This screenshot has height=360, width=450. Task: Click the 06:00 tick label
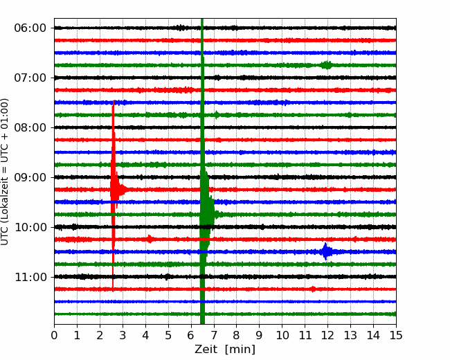click(x=30, y=28)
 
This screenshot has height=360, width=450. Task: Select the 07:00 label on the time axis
click(x=30, y=78)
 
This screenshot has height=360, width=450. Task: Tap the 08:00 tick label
click(x=30, y=127)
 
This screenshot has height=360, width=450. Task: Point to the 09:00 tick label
click(x=30, y=177)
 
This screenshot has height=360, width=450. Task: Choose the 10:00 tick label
click(x=30, y=227)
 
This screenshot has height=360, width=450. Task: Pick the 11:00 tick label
click(x=30, y=277)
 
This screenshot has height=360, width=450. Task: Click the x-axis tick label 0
click(x=54, y=335)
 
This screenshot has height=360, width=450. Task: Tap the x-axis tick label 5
click(x=168, y=335)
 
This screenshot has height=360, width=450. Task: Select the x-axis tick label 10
click(x=282, y=335)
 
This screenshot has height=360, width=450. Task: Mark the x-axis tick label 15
click(x=396, y=335)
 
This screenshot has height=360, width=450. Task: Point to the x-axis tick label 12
click(x=327, y=335)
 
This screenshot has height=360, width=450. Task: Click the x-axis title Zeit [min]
click(x=225, y=350)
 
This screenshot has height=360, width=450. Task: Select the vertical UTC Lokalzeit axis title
click(x=5, y=172)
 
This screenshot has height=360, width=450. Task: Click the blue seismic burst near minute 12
click(x=326, y=252)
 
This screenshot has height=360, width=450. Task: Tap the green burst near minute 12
click(x=326, y=65)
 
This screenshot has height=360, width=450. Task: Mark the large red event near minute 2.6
click(x=114, y=190)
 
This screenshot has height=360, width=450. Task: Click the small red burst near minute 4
click(x=150, y=239)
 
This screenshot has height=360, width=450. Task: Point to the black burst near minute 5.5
click(x=181, y=28)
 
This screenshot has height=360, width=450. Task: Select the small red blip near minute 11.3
click(x=313, y=289)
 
